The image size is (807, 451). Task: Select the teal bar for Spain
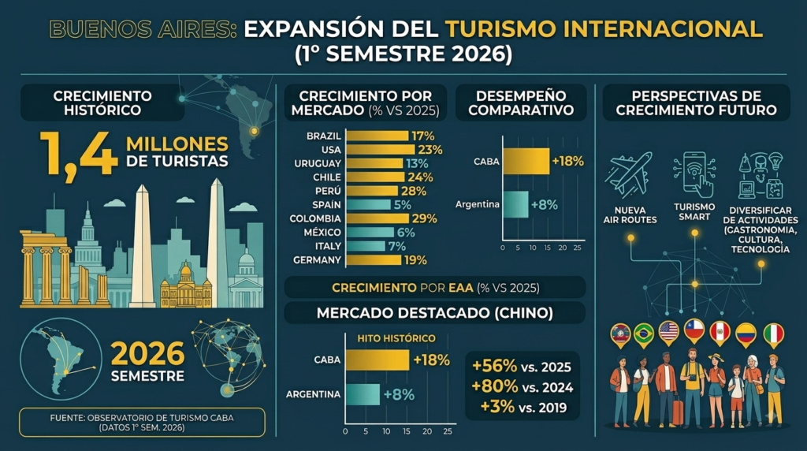pyautogui.click(x=368, y=204)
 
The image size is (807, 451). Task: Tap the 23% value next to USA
pyautogui.click(x=430, y=150)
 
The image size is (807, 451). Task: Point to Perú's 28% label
pyautogui.click(x=414, y=191)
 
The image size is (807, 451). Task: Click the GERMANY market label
pyautogui.click(x=317, y=260)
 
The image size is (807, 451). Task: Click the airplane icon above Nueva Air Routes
pyautogui.click(x=628, y=174)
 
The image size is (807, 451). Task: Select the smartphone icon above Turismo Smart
pyautogui.click(x=695, y=174)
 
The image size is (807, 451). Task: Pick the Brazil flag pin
pyautogui.click(x=643, y=335)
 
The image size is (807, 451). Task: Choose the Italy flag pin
pyautogui.click(x=773, y=335)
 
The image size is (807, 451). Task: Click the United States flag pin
pyautogui.click(x=668, y=333)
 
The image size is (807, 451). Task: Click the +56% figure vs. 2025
pyautogui.click(x=495, y=366)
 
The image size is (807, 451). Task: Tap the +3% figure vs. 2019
pyautogui.click(x=497, y=406)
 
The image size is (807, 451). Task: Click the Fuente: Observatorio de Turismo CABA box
pyautogui.click(x=142, y=422)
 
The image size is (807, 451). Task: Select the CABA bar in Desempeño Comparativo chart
pyautogui.click(x=526, y=161)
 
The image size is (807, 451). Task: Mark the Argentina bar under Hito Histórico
pyautogui.click(x=363, y=394)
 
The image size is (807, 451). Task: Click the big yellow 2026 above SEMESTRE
pyautogui.click(x=147, y=353)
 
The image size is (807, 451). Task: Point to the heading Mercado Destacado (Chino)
pyautogui.click(x=435, y=313)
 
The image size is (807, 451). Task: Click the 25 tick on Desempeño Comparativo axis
pyautogui.click(x=578, y=248)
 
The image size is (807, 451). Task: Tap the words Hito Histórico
pyautogui.click(x=396, y=338)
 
